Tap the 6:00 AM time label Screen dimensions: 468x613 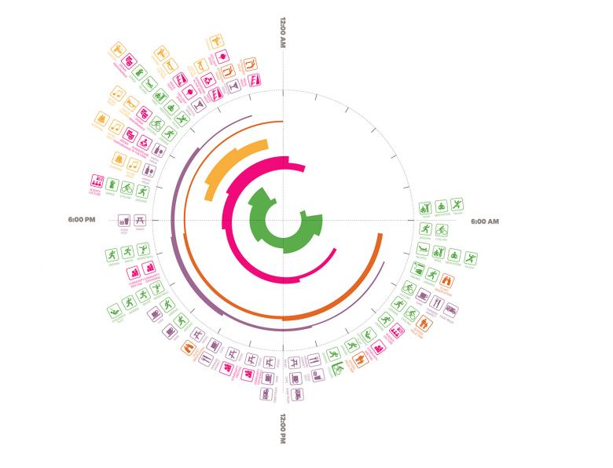pyautogui.click(x=485, y=221)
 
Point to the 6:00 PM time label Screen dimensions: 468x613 pyautogui.click(x=82, y=221)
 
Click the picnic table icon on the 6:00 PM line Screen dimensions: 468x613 pyautogui.click(x=139, y=221)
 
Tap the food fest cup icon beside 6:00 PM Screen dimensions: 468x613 pyautogui.click(x=123, y=221)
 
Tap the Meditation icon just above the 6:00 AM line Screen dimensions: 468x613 pyautogui.click(x=441, y=207)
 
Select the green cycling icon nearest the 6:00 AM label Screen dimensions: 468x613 pyautogui.click(x=442, y=230)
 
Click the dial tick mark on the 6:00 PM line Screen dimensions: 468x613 pyautogui.click(x=156, y=221)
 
